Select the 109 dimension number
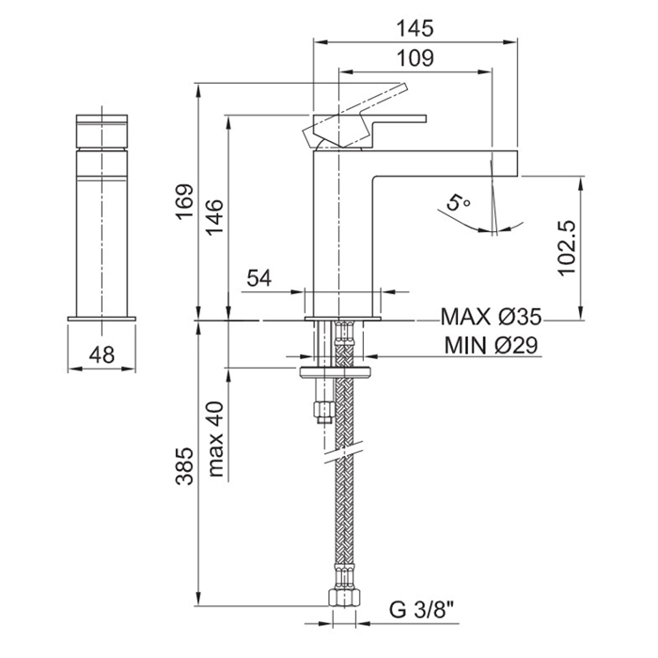(x=415, y=57)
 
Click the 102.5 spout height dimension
(x=567, y=248)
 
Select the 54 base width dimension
(x=259, y=278)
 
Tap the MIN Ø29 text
(x=491, y=346)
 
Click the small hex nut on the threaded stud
(x=324, y=409)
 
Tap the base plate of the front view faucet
(x=103, y=321)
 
